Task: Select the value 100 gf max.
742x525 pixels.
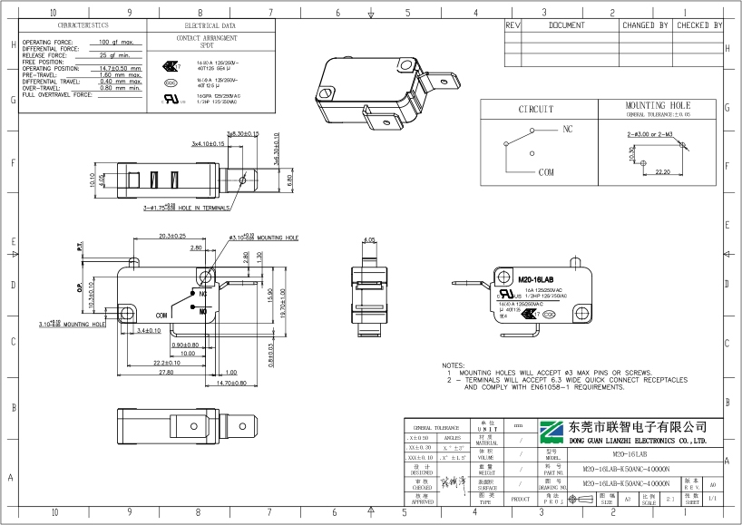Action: (x=116, y=43)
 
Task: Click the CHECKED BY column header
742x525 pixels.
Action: (x=698, y=25)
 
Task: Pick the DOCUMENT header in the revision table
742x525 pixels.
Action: (x=567, y=25)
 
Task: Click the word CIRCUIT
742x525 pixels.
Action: (x=535, y=110)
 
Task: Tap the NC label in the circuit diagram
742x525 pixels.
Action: (x=568, y=130)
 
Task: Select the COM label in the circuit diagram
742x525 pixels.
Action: (x=546, y=171)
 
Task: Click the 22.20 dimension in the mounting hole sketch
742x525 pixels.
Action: (x=661, y=170)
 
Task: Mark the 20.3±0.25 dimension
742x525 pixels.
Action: (x=171, y=237)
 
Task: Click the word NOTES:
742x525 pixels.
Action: (x=453, y=365)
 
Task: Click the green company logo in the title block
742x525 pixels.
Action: (x=552, y=433)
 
